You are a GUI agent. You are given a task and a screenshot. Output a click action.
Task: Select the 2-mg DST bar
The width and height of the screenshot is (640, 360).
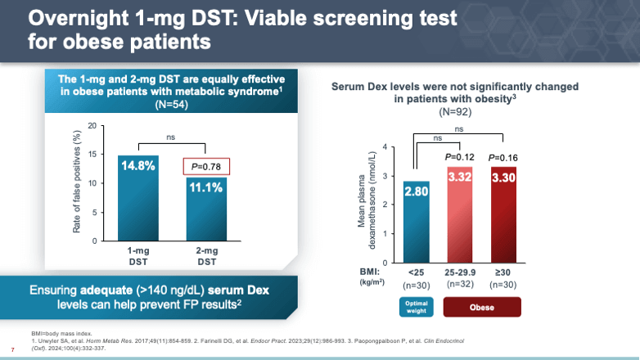coord(205,209)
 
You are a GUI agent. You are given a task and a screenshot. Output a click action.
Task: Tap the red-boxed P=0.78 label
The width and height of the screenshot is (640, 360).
coord(205,166)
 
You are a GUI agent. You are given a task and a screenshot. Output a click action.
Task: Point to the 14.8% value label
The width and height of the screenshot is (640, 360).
coord(137,166)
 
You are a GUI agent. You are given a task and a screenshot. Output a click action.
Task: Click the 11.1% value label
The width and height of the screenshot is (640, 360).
coord(205,187)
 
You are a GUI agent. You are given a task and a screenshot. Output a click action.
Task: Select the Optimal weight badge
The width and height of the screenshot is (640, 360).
coord(416,306)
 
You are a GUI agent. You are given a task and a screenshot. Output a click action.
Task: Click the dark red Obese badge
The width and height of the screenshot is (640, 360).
coord(482,306)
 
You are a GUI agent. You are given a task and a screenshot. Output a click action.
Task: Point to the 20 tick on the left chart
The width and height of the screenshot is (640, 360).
coord(91,126)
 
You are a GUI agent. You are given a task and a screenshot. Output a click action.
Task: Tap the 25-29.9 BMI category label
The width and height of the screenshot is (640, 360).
coord(459,272)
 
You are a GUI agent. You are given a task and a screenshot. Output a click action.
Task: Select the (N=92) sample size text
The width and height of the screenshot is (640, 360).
coord(455,110)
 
